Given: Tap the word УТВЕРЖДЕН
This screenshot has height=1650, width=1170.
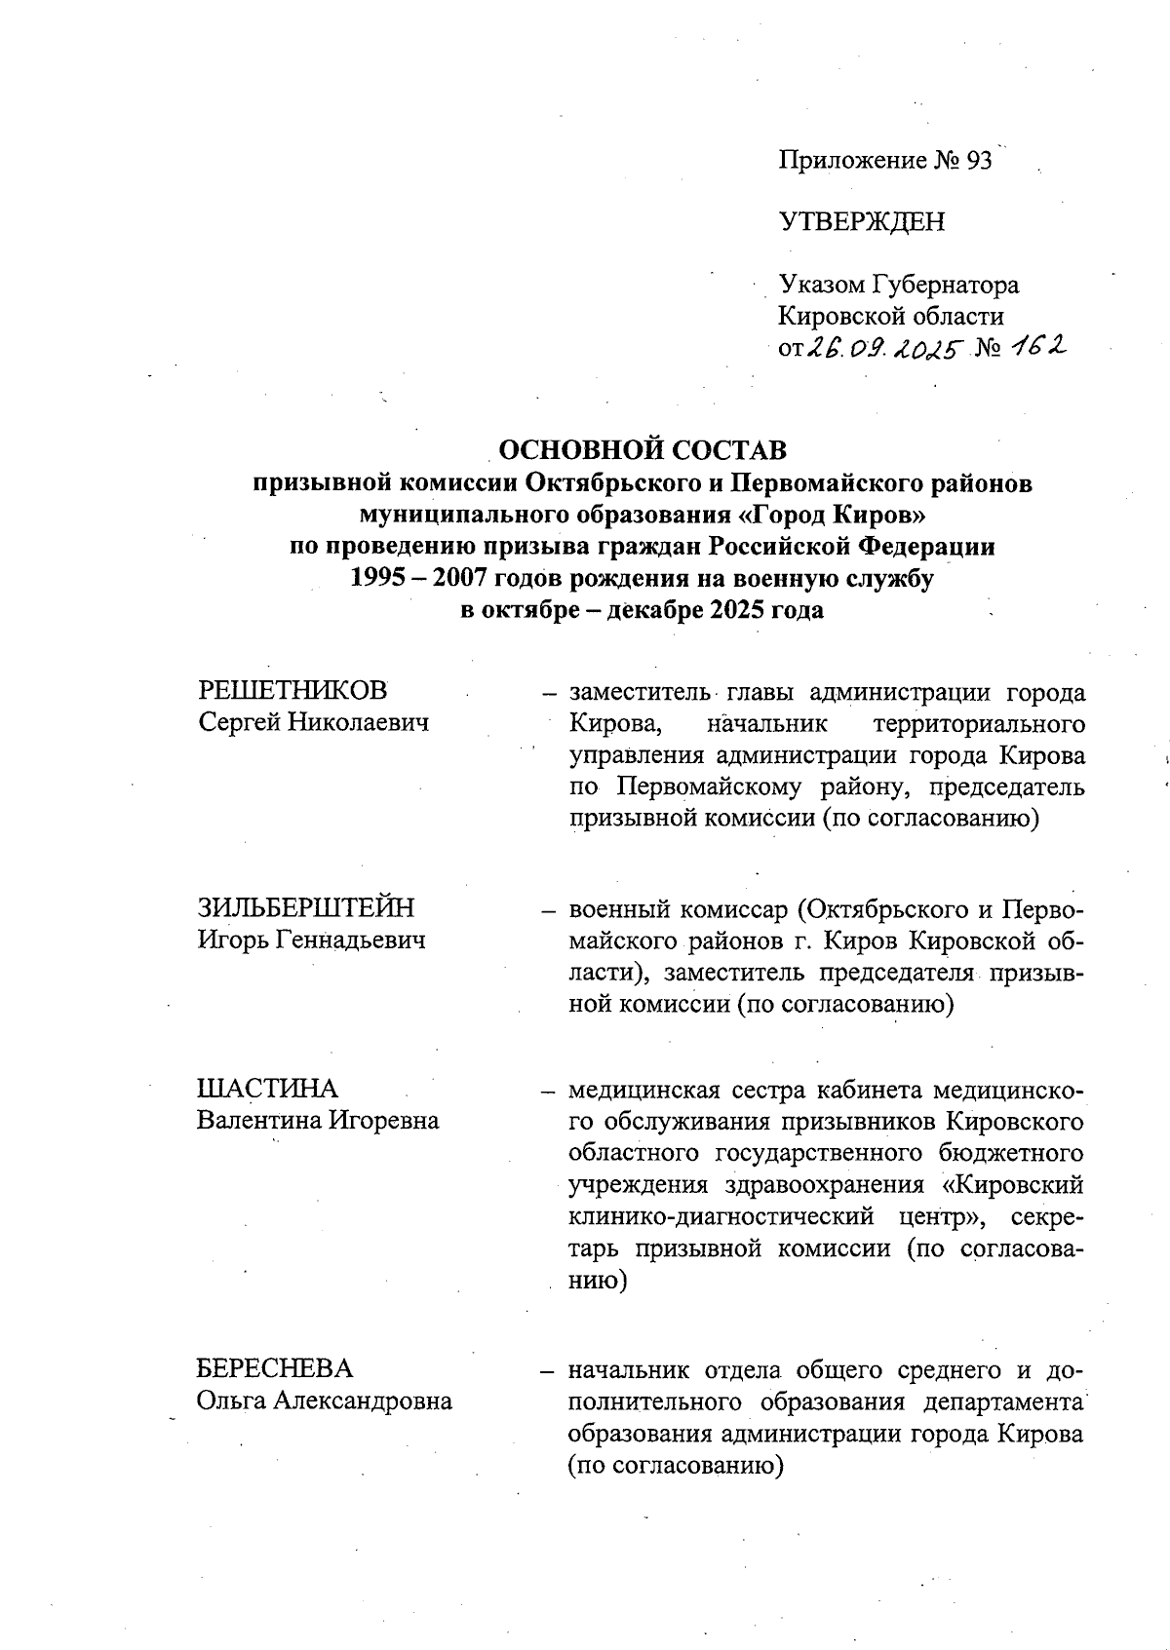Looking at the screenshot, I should (862, 222).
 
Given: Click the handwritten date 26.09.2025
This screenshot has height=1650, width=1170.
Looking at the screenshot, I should (881, 347).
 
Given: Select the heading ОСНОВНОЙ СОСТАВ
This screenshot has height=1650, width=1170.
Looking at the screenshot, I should (643, 450).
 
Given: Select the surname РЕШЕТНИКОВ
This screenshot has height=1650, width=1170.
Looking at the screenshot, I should (292, 690).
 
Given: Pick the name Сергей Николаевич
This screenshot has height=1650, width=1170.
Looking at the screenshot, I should (313, 722).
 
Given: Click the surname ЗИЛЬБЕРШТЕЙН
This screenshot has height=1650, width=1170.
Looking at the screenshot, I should (306, 907).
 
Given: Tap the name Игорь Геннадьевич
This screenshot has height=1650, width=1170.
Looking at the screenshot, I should (312, 940).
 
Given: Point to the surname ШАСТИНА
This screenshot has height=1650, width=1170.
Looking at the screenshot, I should (267, 1088).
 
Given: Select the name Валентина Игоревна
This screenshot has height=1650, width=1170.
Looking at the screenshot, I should (318, 1120).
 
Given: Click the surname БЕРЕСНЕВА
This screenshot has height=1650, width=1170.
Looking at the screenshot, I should (275, 1368).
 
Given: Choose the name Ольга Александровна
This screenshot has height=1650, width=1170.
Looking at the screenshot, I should (325, 1401).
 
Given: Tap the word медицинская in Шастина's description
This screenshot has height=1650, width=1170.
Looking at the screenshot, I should (643, 1089).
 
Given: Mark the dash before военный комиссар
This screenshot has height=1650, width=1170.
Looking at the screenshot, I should (549, 910).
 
